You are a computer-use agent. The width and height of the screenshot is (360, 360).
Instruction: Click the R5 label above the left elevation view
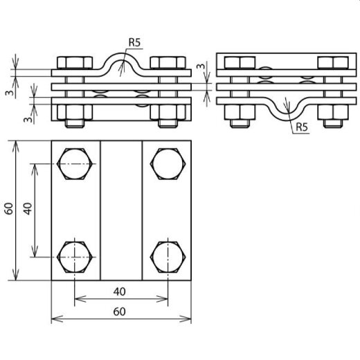click(134, 43)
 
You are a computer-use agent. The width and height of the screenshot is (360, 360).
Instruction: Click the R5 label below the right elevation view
click(301, 127)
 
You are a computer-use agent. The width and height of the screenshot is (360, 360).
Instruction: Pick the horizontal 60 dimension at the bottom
click(121, 312)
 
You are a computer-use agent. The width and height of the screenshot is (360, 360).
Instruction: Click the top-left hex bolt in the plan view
click(75, 165)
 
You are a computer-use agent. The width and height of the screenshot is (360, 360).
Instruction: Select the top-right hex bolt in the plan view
click(167, 165)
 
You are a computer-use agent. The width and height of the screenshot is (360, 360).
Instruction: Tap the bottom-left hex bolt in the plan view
click(75, 256)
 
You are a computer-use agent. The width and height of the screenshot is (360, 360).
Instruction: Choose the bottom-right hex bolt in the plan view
click(167, 256)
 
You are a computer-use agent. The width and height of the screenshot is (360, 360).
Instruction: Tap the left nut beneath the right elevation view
click(240, 114)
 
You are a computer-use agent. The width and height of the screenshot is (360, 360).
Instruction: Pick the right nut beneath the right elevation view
click(332, 114)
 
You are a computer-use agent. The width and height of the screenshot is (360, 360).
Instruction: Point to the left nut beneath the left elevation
click(75, 114)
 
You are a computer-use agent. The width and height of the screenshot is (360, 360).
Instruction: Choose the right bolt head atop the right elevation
click(332, 63)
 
